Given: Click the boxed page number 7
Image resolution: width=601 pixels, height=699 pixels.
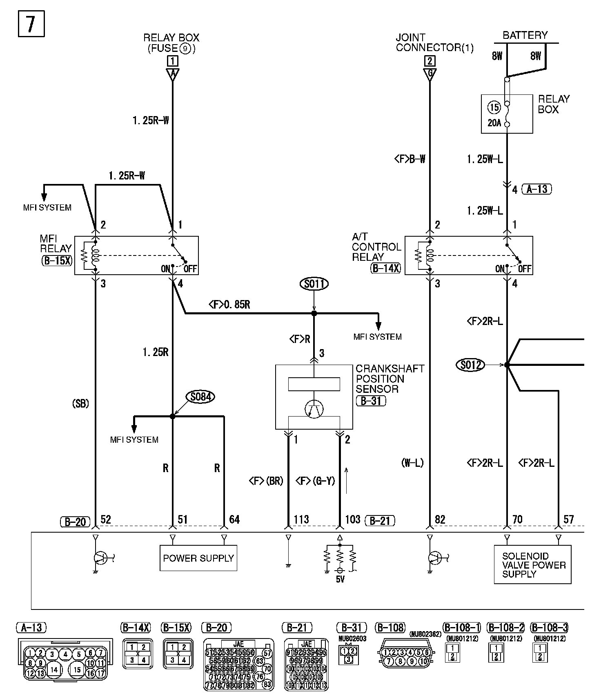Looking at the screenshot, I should pyautogui.click(x=31, y=24).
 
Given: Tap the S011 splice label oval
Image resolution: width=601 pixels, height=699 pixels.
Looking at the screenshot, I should pyautogui.click(x=314, y=284).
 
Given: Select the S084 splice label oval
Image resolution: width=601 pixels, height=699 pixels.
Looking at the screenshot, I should pyautogui.click(x=200, y=397).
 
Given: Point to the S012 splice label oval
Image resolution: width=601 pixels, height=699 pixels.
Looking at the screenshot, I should pyautogui.click(x=470, y=365).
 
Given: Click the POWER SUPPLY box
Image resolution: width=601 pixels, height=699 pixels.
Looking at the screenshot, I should pyautogui.click(x=198, y=558).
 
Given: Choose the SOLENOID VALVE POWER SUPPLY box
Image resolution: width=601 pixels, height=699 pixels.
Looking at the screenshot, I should pyautogui.click(x=532, y=565).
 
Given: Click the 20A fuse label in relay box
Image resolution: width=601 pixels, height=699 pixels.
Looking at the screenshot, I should pyautogui.click(x=494, y=123).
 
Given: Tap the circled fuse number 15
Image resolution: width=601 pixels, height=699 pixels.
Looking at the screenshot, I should pyautogui.click(x=494, y=108).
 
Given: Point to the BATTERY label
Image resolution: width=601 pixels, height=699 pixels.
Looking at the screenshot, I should pyautogui.click(x=525, y=35).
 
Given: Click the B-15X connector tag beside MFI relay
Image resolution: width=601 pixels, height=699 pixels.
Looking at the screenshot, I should pyautogui.click(x=57, y=260).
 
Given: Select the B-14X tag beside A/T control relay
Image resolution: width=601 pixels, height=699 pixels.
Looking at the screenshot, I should pyautogui.click(x=386, y=269).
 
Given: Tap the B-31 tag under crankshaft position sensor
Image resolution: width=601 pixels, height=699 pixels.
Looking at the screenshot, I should pyautogui.click(x=371, y=401).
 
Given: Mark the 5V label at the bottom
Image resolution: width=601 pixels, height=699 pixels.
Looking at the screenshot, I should pyautogui.click(x=340, y=579).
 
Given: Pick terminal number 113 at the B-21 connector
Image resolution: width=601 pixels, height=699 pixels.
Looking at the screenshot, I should pyautogui.click(x=301, y=520).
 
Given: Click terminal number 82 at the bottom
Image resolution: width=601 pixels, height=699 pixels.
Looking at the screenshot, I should pyautogui.click(x=440, y=520).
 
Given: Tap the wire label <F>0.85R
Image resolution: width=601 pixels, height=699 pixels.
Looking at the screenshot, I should pyautogui.click(x=229, y=305).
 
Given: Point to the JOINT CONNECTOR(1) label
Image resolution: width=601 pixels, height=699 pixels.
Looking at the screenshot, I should pyautogui.click(x=434, y=43).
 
